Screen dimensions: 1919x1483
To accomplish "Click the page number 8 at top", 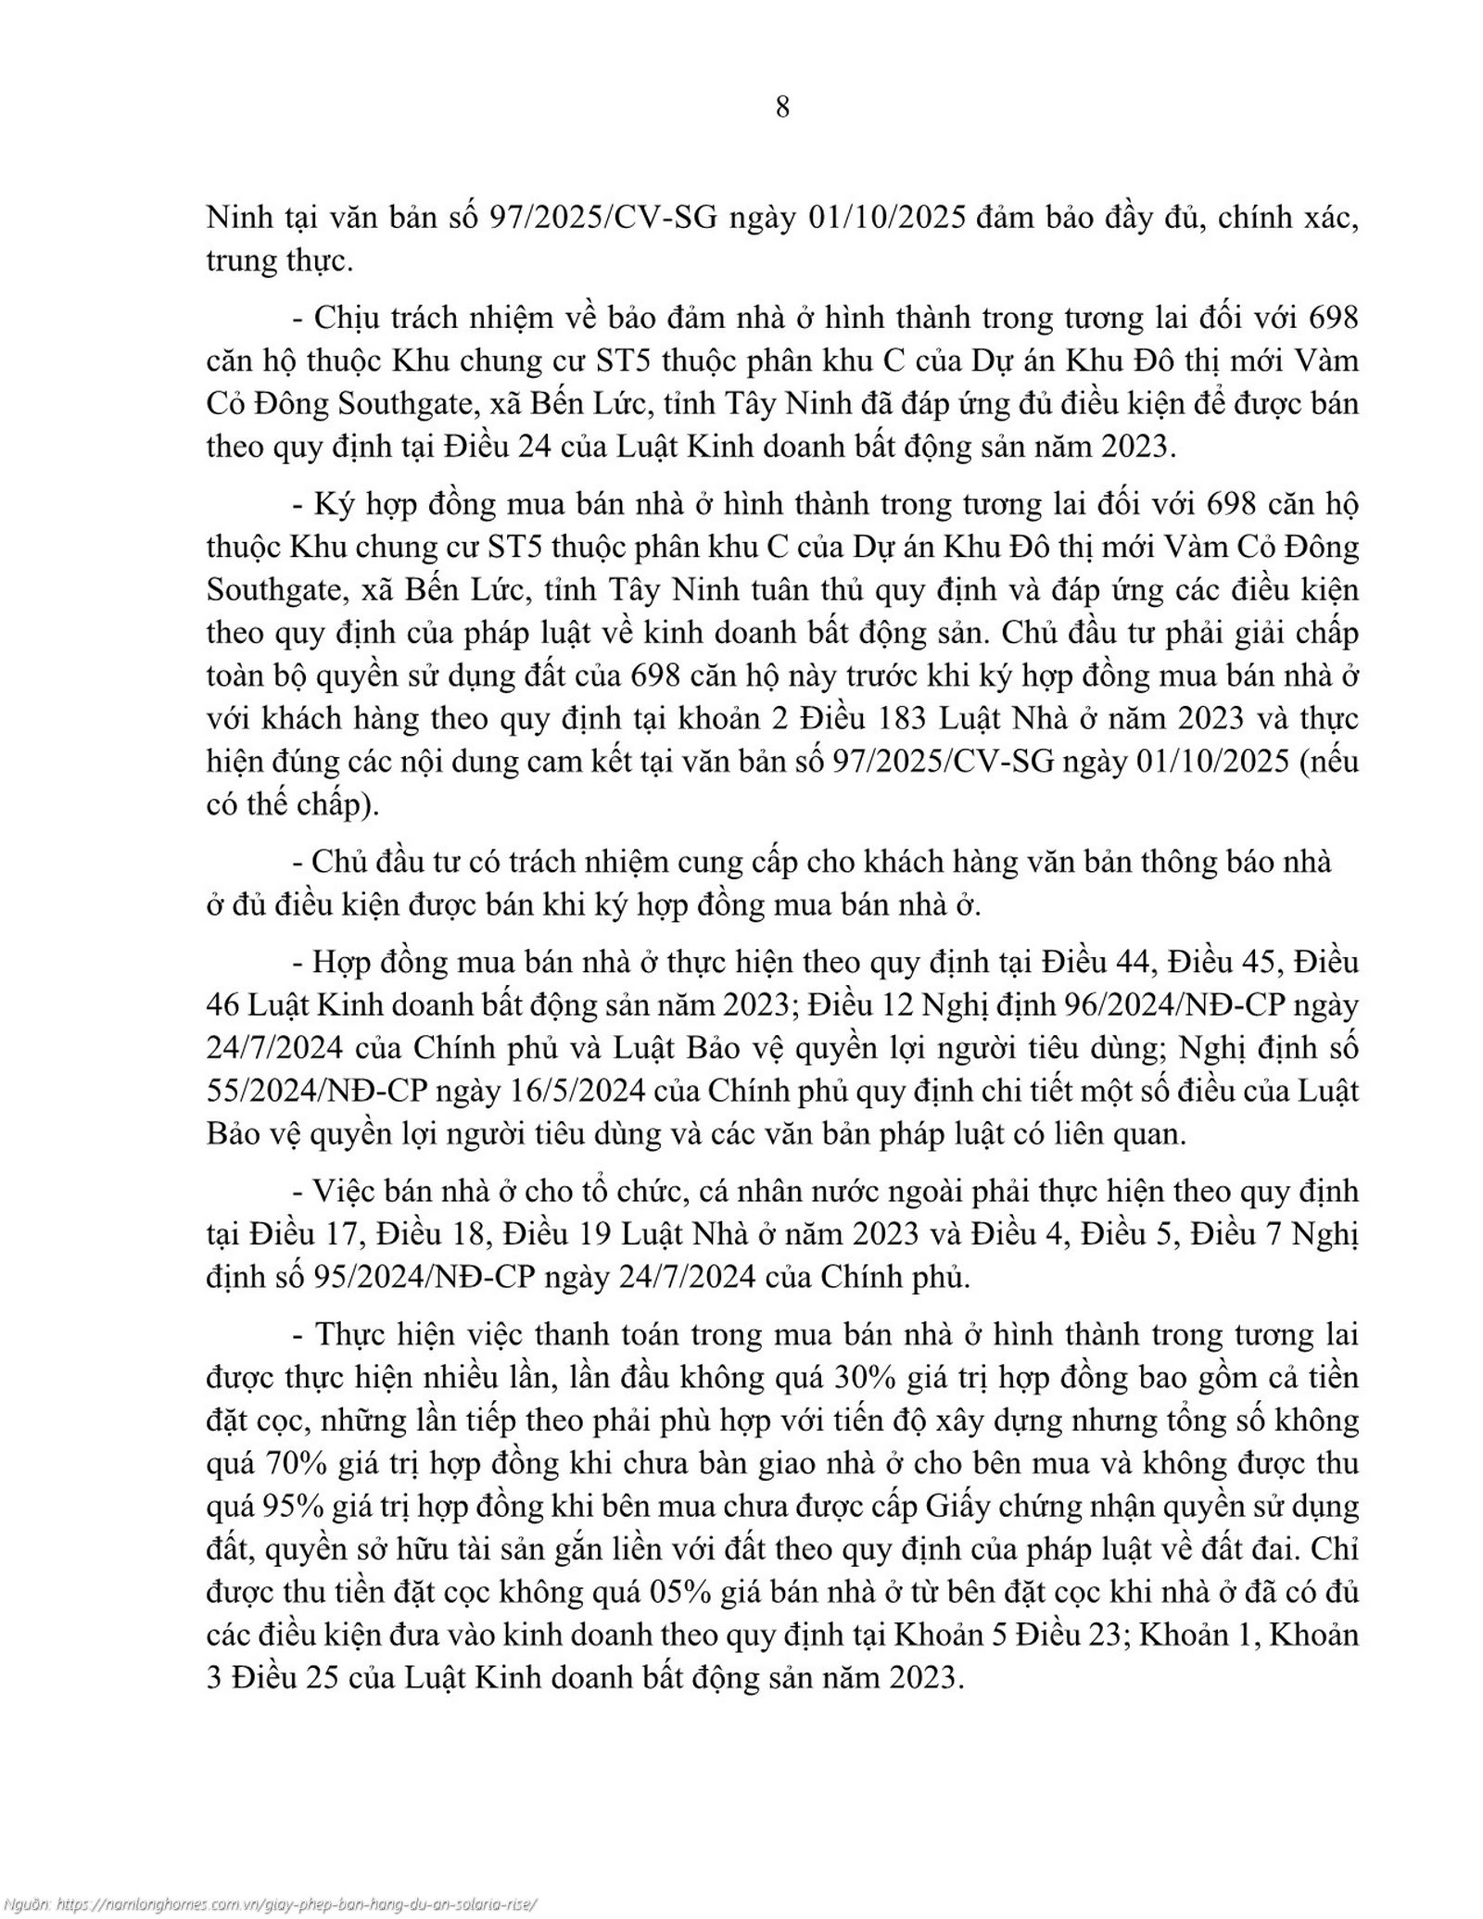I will click(x=781, y=107).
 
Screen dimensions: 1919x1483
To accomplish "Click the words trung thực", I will click(x=279, y=261).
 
